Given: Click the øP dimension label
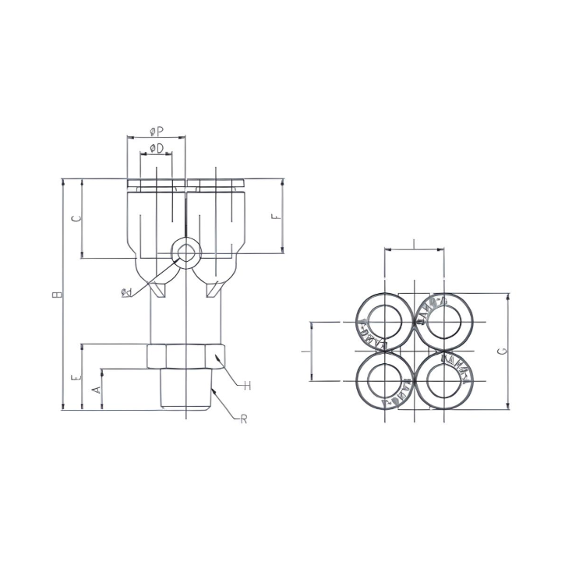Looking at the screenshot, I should pyautogui.click(x=156, y=131).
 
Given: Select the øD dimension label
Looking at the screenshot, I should pyautogui.click(x=156, y=148).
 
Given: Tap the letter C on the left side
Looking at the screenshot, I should pyautogui.click(x=75, y=219).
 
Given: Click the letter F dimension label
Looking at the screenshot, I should pyautogui.click(x=276, y=217).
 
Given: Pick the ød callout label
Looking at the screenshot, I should pyautogui.click(x=125, y=292).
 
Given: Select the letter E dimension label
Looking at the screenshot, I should pyautogui.click(x=75, y=377).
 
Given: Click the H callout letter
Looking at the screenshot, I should pyautogui.click(x=245, y=385).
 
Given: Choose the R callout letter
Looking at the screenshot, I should pyautogui.click(x=243, y=418).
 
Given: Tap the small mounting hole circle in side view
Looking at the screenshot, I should pyautogui.click(x=186, y=252).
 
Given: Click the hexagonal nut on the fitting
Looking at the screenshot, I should pyautogui.click(x=186, y=356).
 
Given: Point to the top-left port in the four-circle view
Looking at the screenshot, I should pyautogui.click(x=384, y=320).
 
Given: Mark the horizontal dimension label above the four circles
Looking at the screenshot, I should pyautogui.click(x=414, y=245).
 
